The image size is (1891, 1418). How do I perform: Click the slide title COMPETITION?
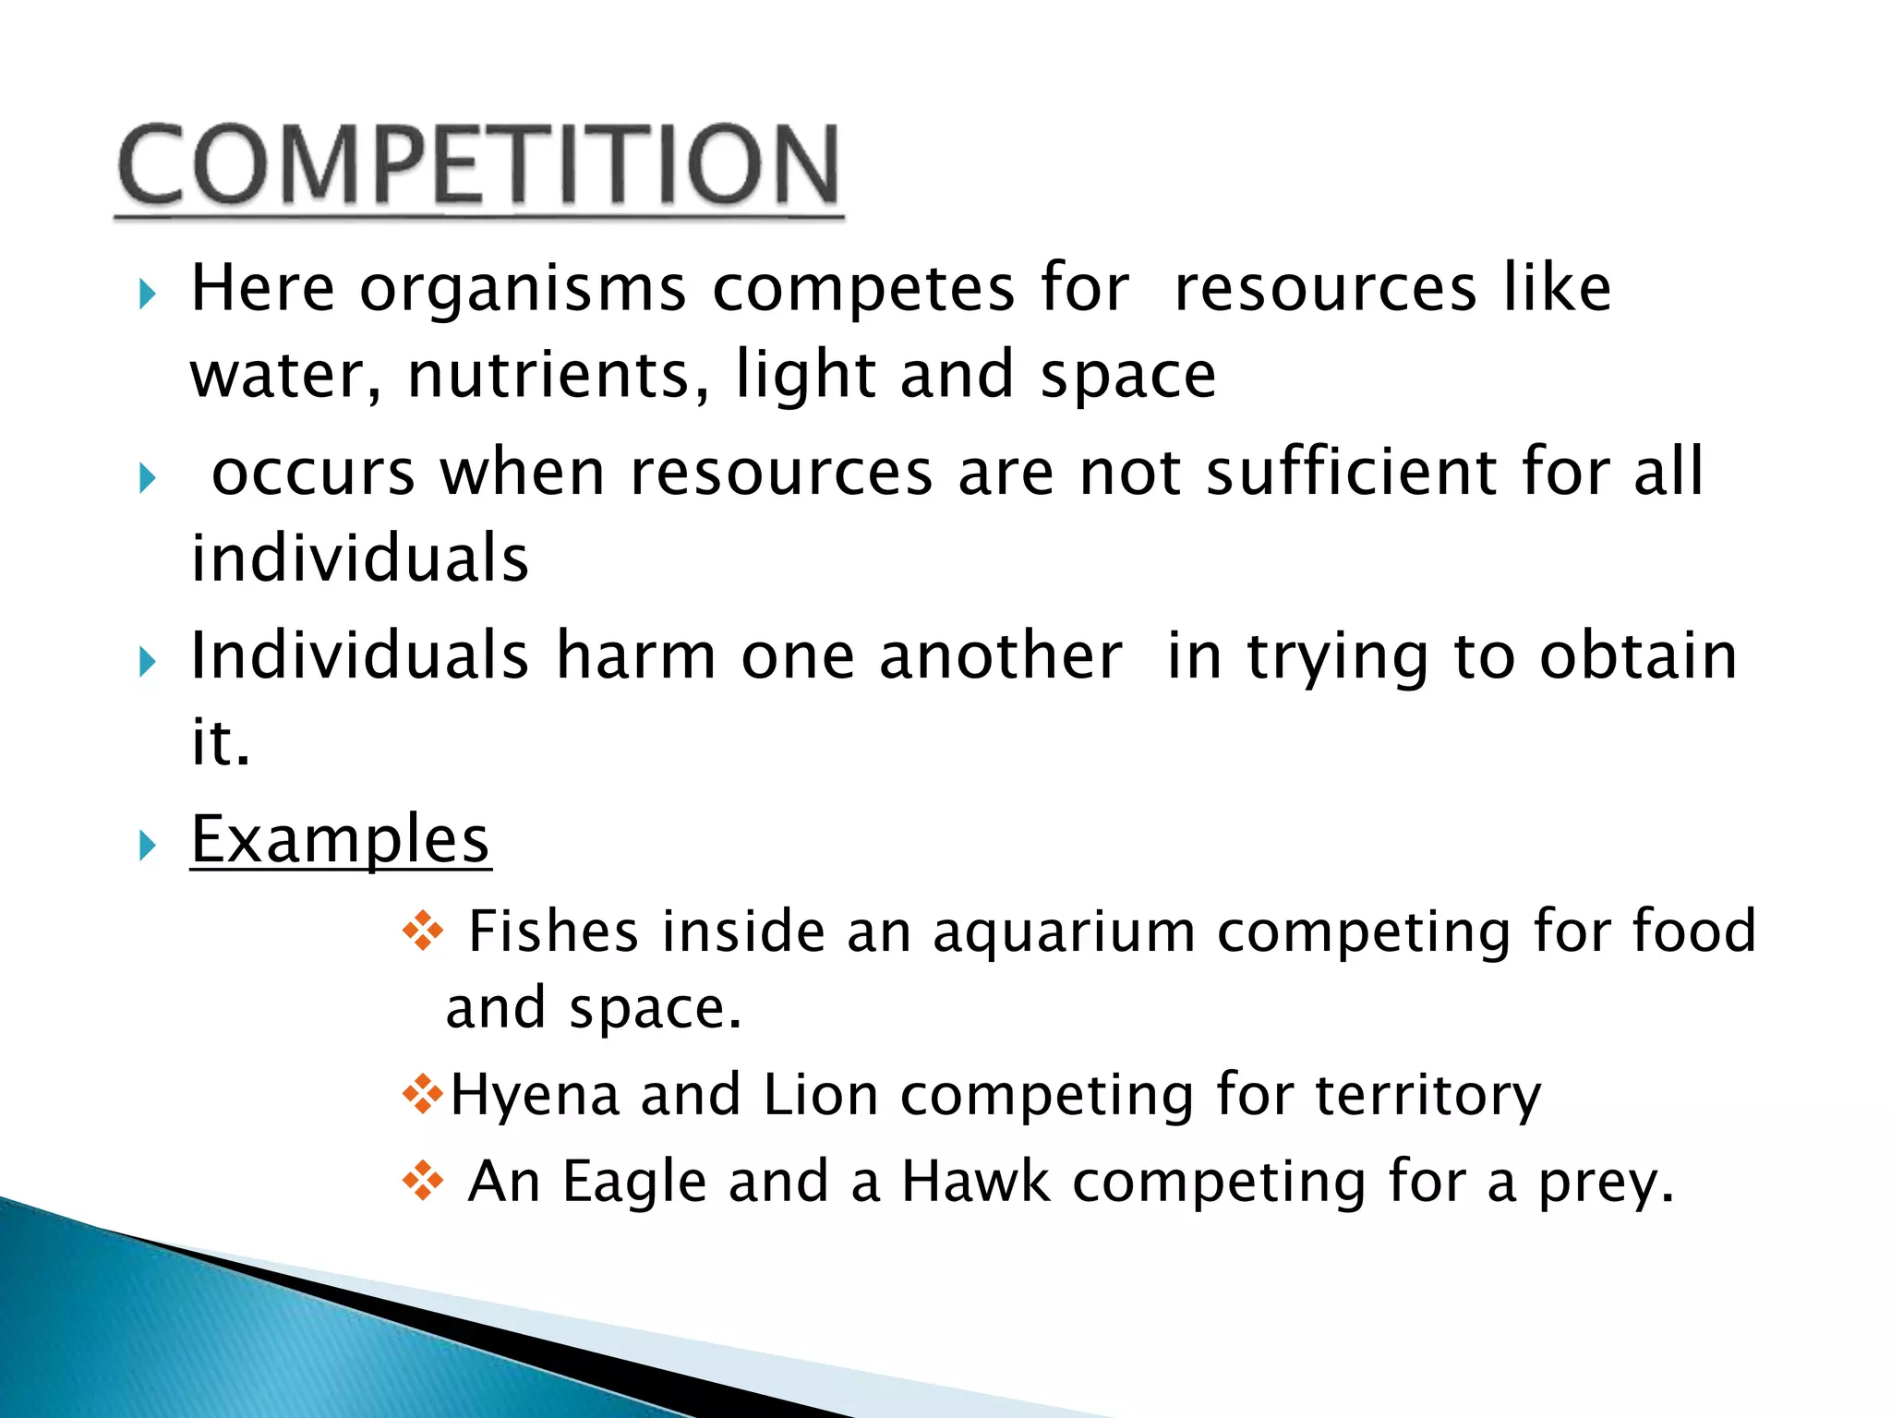(x=478, y=166)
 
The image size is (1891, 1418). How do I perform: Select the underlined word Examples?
(x=340, y=840)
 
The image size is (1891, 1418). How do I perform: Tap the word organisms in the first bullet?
(x=523, y=290)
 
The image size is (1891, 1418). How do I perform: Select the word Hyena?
(x=534, y=1095)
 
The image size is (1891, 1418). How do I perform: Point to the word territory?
(x=1427, y=1097)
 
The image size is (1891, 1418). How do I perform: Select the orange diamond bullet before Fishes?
(x=423, y=931)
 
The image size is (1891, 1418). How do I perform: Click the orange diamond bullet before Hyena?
(x=423, y=1095)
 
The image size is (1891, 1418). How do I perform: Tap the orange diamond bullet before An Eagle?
(x=423, y=1181)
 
